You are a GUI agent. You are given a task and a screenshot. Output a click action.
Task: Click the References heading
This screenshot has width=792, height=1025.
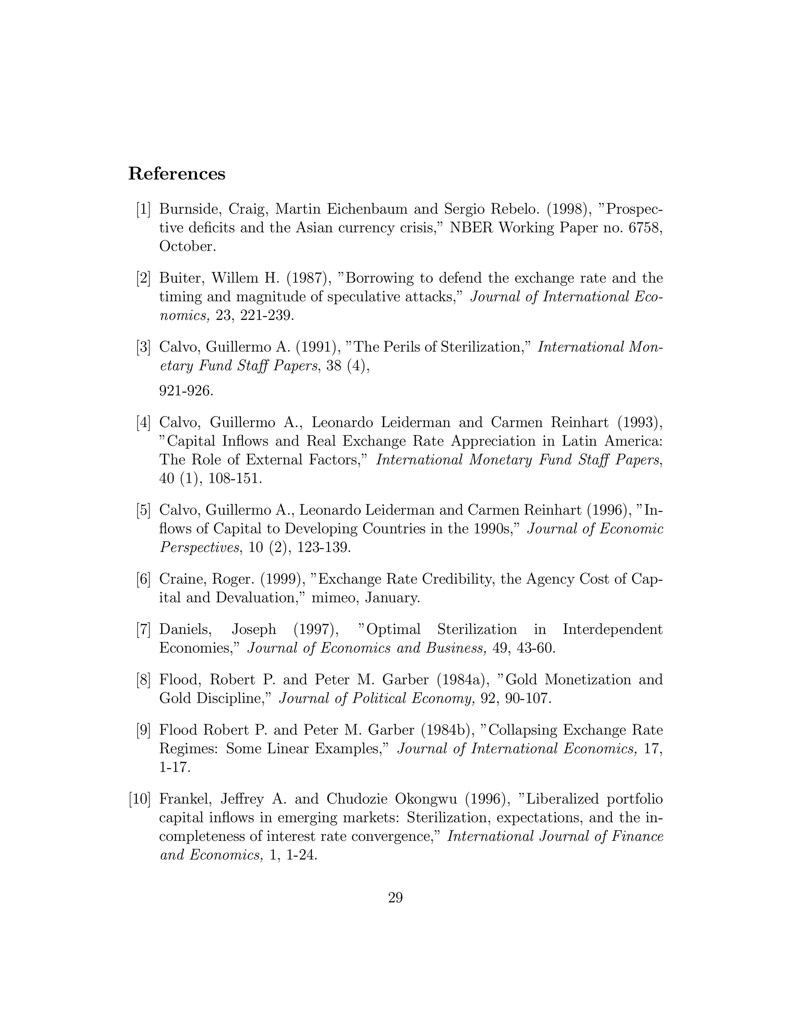click(x=176, y=174)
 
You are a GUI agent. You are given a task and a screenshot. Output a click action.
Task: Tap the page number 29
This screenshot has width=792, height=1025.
click(x=396, y=897)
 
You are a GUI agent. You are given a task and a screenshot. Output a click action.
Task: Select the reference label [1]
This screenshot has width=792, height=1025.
click(x=143, y=209)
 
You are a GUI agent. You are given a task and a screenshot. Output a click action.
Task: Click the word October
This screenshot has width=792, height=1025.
click(x=188, y=246)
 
